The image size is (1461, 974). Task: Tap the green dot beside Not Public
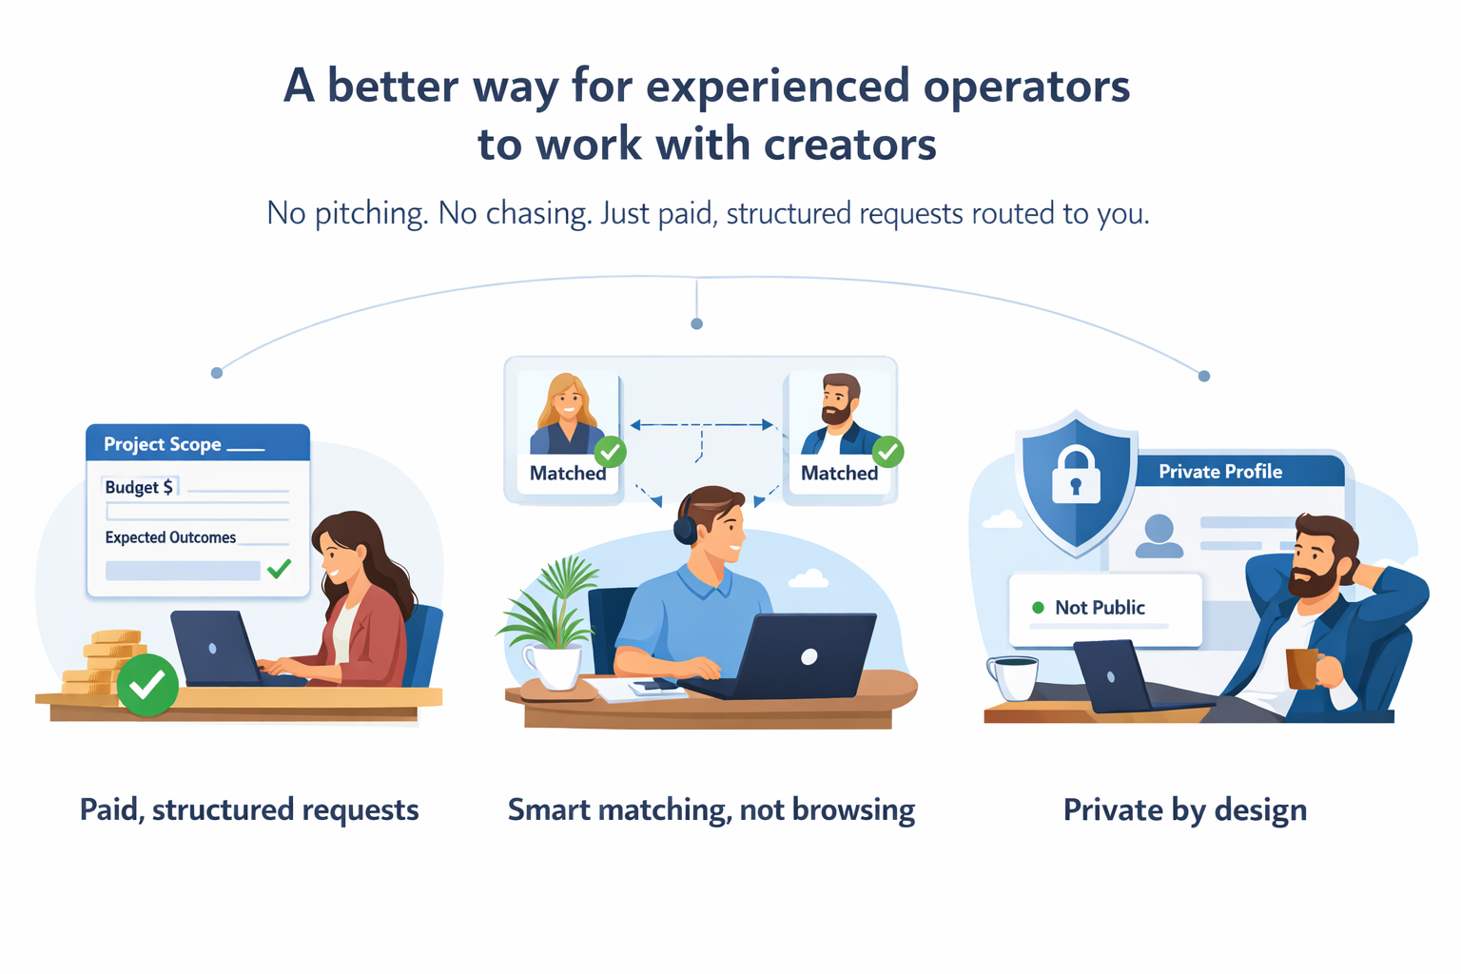tap(1038, 608)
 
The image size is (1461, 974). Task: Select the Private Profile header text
tap(1219, 472)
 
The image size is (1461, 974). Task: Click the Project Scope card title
tap(163, 444)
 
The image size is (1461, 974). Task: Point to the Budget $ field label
tap(139, 487)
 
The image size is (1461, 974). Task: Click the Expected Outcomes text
tap(170, 537)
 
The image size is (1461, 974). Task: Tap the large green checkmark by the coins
tap(147, 685)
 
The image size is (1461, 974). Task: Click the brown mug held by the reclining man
tap(1301, 668)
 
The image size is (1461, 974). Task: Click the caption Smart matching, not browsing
tap(711, 809)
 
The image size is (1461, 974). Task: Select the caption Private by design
tap(1184, 809)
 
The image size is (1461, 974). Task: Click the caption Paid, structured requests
tap(249, 809)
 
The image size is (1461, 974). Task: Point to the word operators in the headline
tap(1026, 87)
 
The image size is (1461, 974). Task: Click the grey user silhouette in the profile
tap(1159, 536)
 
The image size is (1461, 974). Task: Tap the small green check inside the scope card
tap(279, 569)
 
